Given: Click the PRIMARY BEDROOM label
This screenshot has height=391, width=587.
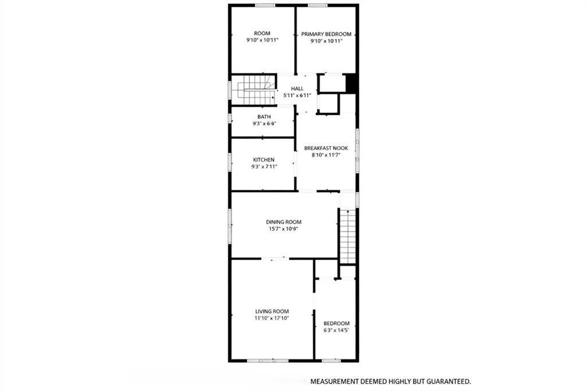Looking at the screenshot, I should (326, 34).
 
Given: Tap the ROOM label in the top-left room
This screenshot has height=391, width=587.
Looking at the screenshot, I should (262, 33).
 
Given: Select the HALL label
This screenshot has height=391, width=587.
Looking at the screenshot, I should (297, 88).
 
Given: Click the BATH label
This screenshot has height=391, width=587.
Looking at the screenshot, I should (264, 117).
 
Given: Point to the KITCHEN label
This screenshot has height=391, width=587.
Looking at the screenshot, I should (264, 160).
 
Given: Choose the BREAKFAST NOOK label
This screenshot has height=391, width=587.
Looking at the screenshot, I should (326, 148).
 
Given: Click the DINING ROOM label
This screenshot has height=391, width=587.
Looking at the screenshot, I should (283, 222).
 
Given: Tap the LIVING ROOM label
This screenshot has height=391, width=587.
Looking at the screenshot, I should (271, 311).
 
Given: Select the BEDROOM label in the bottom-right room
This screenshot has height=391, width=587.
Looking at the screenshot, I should (336, 323).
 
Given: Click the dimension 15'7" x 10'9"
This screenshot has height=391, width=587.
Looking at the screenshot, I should (283, 229).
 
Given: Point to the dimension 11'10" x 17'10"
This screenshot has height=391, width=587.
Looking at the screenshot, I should (271, 318).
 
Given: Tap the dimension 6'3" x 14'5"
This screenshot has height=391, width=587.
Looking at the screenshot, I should (336, 330).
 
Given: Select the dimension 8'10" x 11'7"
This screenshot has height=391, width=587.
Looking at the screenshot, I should (326, 155).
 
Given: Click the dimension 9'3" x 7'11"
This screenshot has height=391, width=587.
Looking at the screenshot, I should (264, 167).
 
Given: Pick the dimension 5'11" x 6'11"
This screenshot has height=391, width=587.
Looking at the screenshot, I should (297, 95).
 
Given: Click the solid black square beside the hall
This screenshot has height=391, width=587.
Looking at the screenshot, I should (352, 84).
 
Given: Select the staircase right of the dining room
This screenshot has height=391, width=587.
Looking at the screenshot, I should (348, 236).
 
